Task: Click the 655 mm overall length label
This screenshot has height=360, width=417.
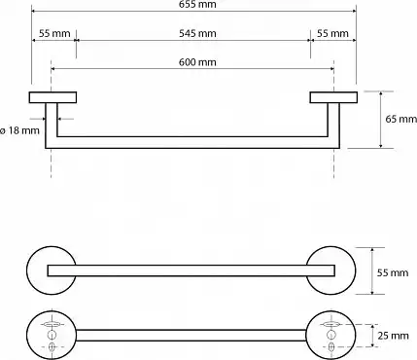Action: click(197, 4)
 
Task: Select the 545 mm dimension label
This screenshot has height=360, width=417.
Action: click(197, 33)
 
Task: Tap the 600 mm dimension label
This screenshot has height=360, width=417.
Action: click(197, 62)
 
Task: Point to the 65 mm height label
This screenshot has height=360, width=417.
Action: click(400, 119)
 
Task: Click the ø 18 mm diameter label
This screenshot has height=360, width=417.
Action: click(19, 130)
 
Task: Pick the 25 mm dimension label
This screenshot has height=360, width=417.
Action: click(393, 336)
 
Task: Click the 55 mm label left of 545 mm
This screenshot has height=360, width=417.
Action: click(54, 33)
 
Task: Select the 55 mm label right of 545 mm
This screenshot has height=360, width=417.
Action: click(332, 33)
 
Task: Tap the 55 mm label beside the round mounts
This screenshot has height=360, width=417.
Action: click(393, 272)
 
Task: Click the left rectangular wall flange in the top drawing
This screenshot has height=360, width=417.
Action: click(52, 97)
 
